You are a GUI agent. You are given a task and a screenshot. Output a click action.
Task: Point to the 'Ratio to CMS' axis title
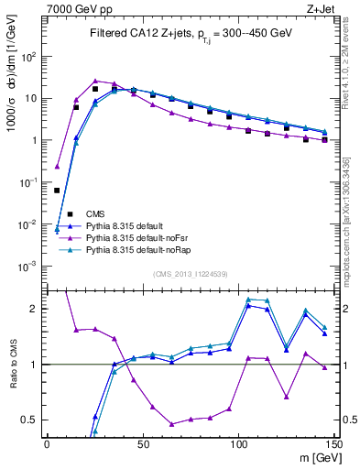[x=12, y=365]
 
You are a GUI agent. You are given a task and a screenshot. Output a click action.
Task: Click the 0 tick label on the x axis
[x=47, y=443]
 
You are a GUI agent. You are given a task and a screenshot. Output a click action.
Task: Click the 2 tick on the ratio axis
[x=35, y=309]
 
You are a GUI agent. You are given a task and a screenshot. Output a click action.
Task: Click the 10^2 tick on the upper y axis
[x=28, y=56]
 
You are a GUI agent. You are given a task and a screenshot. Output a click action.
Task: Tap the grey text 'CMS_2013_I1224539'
[x=190, y=274]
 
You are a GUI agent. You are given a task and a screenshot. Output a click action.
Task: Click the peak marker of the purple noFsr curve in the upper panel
[x=95, y=81]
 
